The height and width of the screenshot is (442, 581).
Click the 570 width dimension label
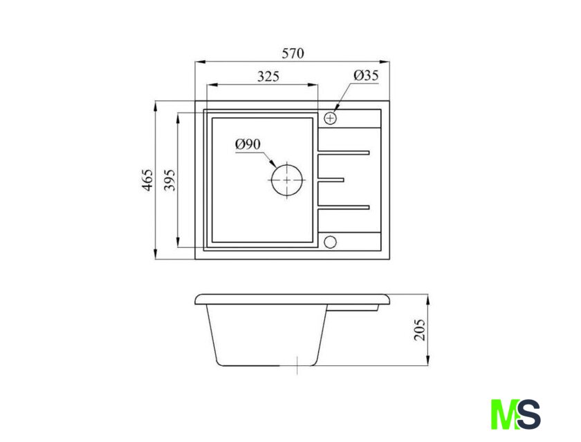(x=293, y=53)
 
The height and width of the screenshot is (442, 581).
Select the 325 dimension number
(x=268, y=77)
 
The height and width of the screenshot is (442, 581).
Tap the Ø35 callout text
(x=366, y=75)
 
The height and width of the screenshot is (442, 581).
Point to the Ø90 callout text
(x=248, y=144)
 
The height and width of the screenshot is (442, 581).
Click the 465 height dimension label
(x=147, y=180)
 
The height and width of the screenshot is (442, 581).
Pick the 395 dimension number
(x=169, y=180)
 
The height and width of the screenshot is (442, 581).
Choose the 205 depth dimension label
(x=419, y=329)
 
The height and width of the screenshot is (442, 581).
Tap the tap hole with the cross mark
(x=330, y=118)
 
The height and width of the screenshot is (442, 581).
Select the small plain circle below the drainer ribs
(x=330, y=242)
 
